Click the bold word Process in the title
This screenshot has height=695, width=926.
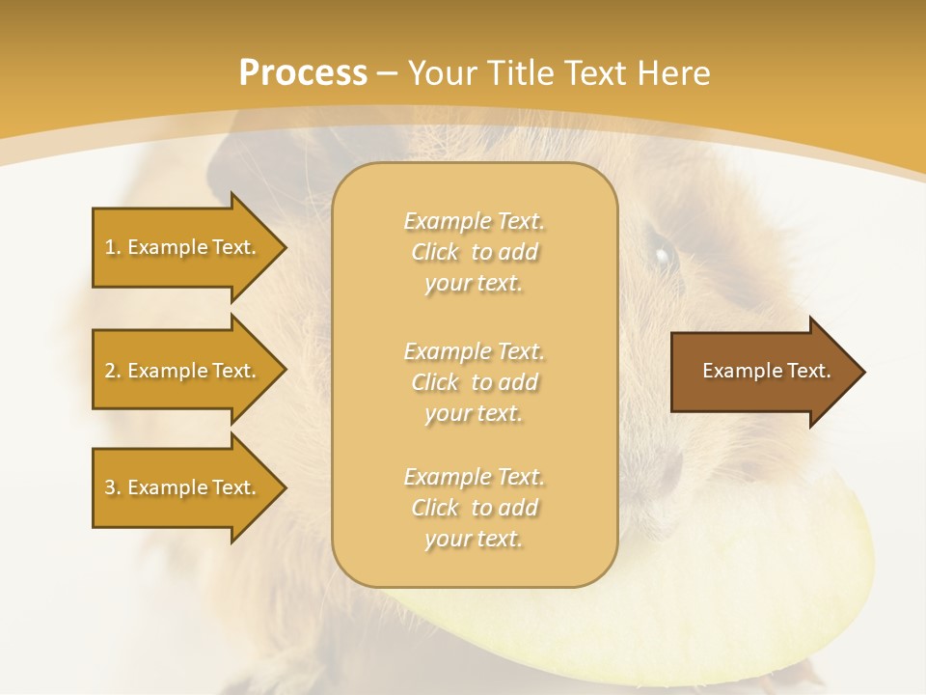(303, 73)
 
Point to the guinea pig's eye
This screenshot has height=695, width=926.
(663, 256)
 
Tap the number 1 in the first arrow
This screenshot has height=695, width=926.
(110, 247)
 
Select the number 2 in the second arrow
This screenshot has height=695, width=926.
(110, 371)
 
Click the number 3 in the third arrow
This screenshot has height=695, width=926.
(110, 487)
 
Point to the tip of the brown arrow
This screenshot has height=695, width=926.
(862, 372)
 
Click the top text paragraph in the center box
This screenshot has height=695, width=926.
(474, 252)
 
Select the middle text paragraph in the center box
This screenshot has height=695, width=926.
(474, 382)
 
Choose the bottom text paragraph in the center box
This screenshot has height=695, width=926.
(474, 508)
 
